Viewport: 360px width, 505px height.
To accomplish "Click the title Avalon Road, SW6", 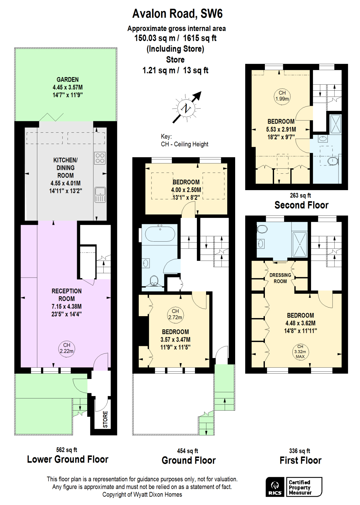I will point(177,14).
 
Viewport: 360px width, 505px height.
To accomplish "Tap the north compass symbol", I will point(186,108).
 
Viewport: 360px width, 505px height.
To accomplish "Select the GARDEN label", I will point(68,80).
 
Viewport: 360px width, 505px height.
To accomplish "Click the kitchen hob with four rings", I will point(100,158).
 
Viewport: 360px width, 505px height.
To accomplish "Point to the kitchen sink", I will point(100,195).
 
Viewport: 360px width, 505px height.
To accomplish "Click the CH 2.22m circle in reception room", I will point(67,348).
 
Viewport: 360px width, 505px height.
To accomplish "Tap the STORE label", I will point(105,419).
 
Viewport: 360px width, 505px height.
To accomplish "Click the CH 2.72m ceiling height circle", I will point(175,314).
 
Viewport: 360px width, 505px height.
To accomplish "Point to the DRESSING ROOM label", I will point(280,278).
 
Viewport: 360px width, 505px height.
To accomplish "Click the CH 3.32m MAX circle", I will point(300,351).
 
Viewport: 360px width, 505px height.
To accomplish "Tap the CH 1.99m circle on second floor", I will point(282,96).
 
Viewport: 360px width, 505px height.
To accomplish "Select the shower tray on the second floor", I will point(335,124).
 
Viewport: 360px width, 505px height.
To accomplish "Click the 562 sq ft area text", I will point(67,450).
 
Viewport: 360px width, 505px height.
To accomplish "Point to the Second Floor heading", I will point(302,205).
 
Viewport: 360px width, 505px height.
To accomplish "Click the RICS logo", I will point(275,487).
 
